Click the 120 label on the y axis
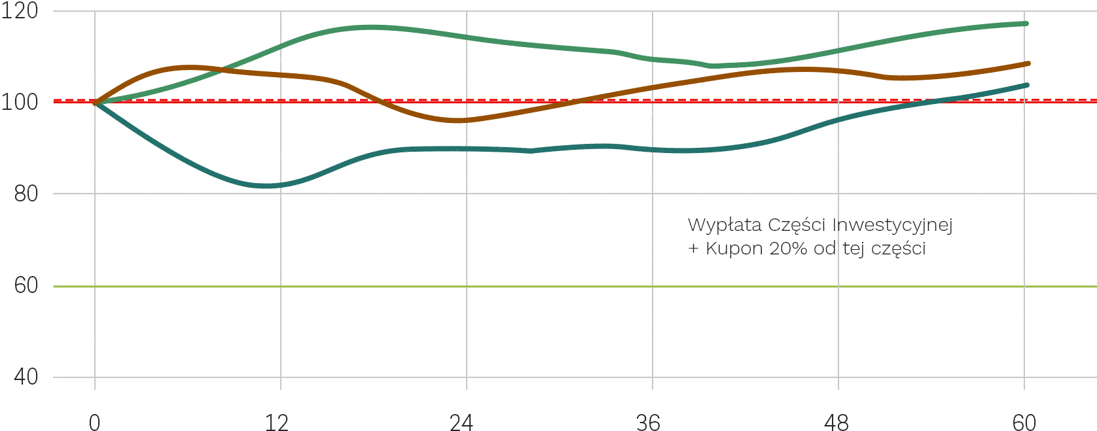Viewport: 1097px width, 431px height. point(20,10)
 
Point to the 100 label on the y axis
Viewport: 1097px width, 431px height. point(20,102)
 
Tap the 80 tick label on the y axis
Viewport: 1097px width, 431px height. point(26,194)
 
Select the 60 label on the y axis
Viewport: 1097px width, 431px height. point(26,285)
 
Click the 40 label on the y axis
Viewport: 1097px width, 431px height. point(26,377)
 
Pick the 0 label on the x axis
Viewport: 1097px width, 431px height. point(95,422)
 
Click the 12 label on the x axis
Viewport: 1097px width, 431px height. point(277,422)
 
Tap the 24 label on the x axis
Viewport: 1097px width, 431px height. point(461,422)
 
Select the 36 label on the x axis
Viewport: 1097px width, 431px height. point(648,422)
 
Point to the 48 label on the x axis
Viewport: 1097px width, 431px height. point(836,422)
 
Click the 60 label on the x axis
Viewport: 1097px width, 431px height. point(1024,422)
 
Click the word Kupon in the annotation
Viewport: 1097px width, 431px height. point(734,249)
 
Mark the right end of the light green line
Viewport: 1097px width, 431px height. point(1026,24)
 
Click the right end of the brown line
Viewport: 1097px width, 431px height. point(1028,63)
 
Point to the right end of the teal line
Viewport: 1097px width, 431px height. point(1026,85)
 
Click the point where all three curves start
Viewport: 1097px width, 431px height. point(96,103)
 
